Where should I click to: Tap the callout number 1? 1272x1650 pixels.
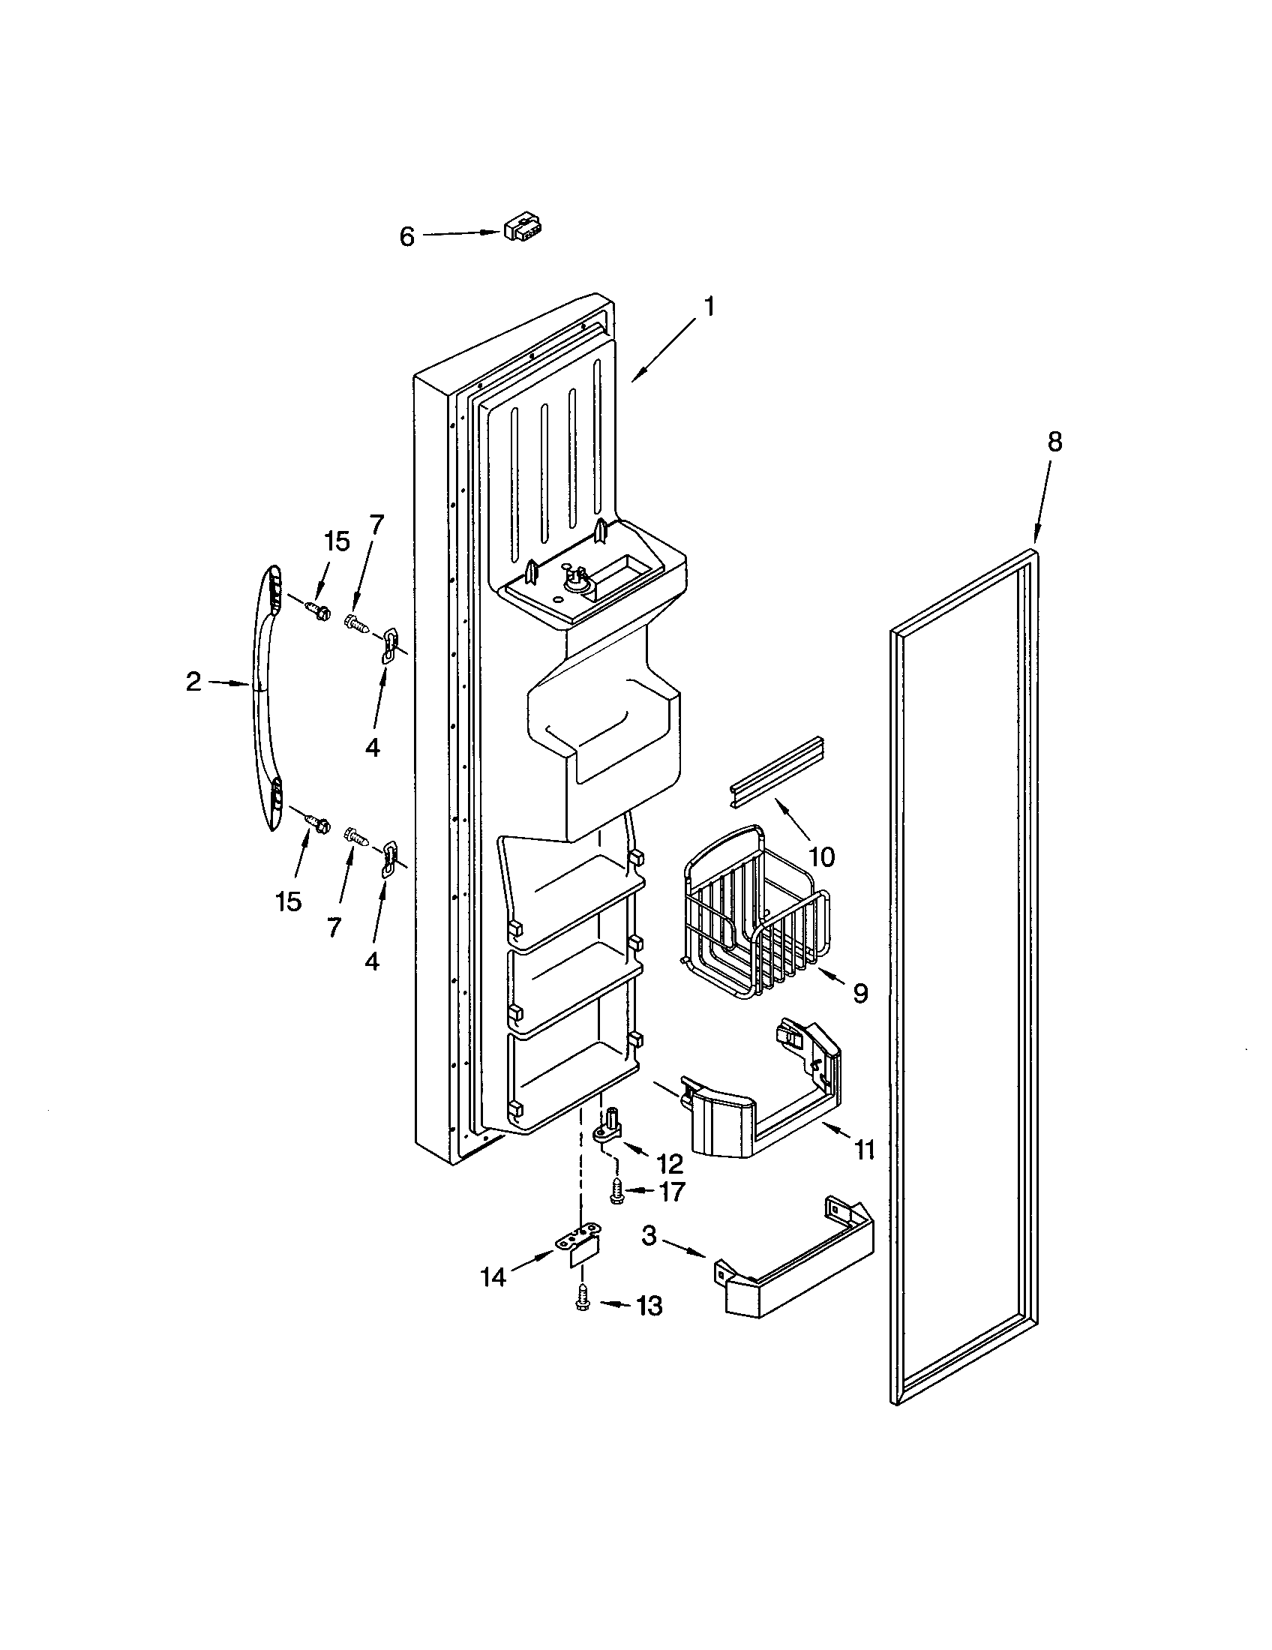click(x=708, y=307)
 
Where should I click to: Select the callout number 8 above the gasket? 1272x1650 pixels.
click(x=1054, y=442)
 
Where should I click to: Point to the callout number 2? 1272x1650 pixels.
click(x=193, y=682)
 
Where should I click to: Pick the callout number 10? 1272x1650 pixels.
click(x=821, y=856)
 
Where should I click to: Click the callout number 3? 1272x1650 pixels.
click(x=650, y=1236)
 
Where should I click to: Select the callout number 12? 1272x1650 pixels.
click(x=669, y=1163)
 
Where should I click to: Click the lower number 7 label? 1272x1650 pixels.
click(x=334, y=925)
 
